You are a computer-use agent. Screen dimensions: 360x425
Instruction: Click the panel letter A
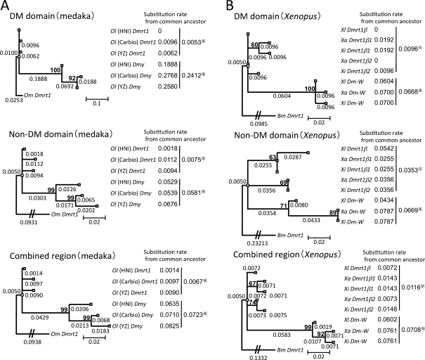pyautogui.click(x=6, y=6)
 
